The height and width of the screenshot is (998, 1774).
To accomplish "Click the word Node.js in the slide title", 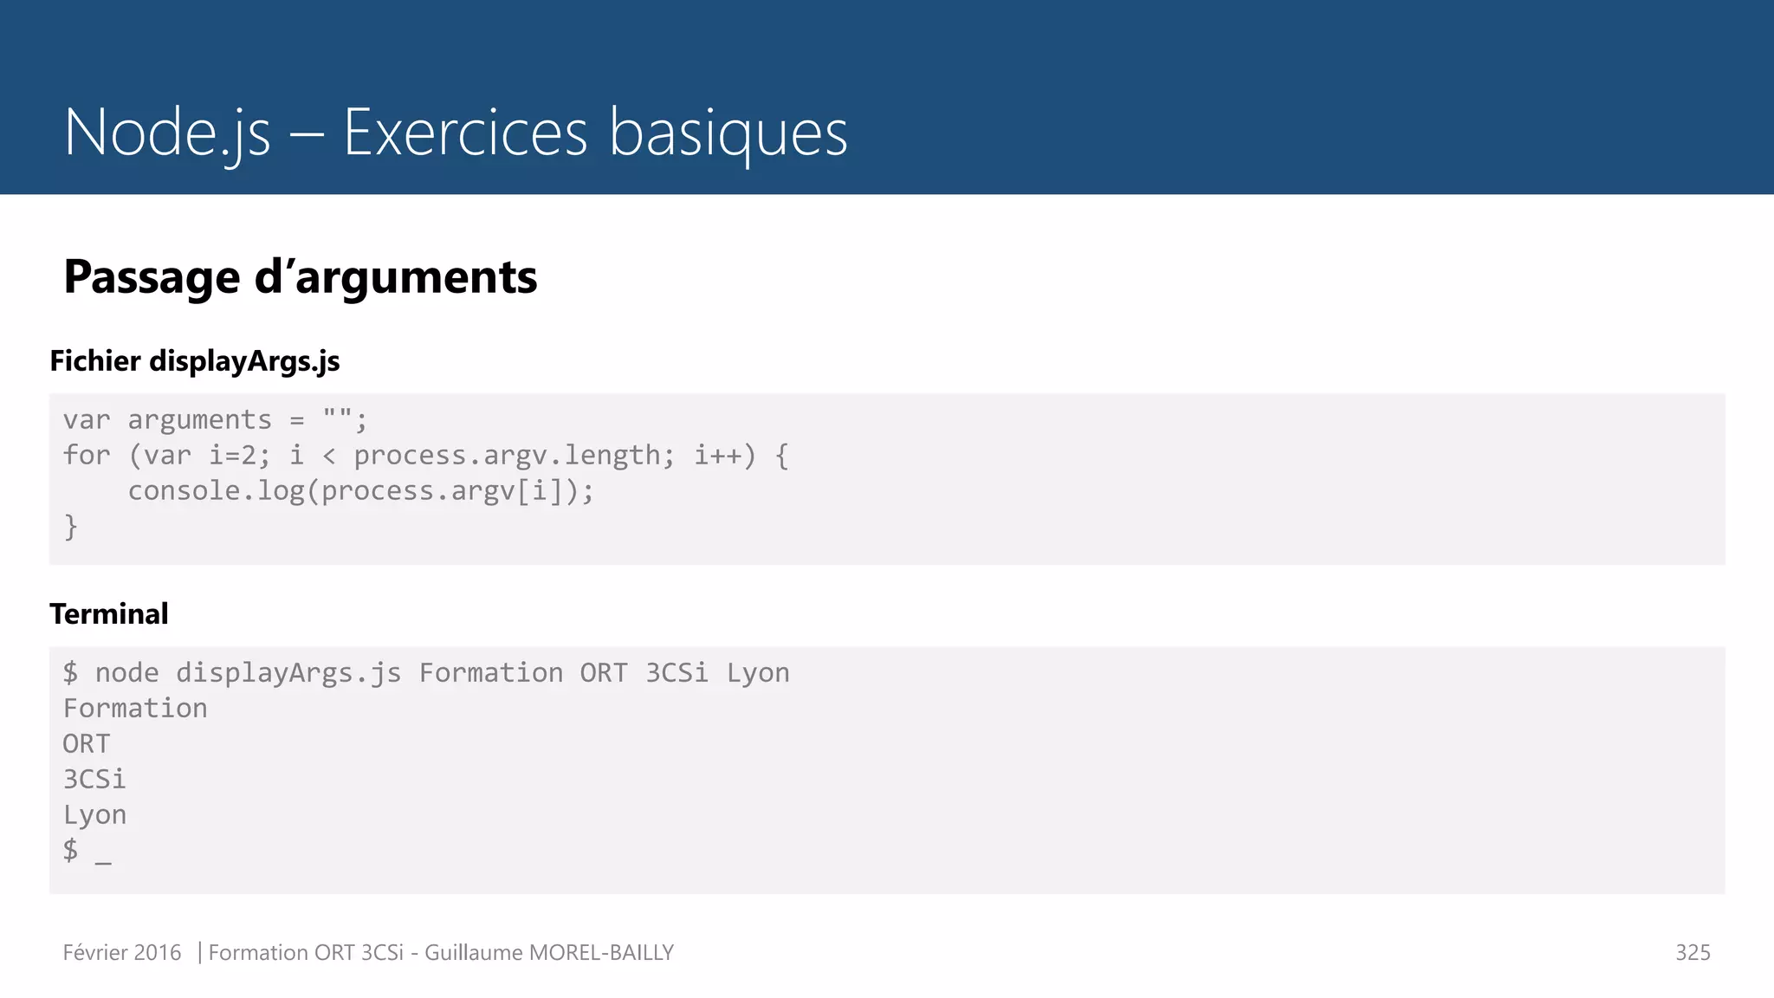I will [167, 133].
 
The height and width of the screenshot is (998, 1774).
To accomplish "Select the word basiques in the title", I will [728, 133].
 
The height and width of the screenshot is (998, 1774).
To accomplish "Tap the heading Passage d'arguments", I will [300, 277].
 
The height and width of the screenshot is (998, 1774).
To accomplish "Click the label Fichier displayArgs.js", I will [195, 361].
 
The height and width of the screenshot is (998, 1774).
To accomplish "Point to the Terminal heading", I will [109, 614].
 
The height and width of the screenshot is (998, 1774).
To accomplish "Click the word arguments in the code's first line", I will [199, 420].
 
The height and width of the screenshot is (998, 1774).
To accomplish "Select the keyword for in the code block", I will [87, 456].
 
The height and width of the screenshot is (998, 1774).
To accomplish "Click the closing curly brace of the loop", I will [71, 527].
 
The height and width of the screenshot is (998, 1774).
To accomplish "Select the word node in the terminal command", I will [126, 673].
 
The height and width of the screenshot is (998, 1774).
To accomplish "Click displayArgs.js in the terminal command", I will [288, 673].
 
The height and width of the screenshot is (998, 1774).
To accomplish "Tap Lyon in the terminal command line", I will [758, 673].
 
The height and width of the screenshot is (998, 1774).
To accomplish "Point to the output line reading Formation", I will [135, 709].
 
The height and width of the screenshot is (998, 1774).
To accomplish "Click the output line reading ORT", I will [87, 744].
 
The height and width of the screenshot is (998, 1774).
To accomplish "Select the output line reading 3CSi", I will [94, 780].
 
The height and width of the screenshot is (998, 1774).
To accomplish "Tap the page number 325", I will [1693, 953].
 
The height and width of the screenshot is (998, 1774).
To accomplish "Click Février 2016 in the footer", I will [122, 953].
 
